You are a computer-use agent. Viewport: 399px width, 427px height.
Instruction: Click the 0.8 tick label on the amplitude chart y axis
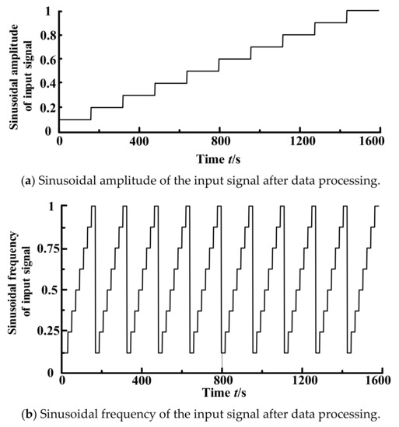tap(48, 35)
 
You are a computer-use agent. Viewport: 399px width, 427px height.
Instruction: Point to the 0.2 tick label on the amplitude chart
tap(48, 106)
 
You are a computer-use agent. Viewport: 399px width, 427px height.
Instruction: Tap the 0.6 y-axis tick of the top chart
tap(48, 59)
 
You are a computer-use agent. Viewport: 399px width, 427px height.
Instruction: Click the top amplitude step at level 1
tap(362, 11)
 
